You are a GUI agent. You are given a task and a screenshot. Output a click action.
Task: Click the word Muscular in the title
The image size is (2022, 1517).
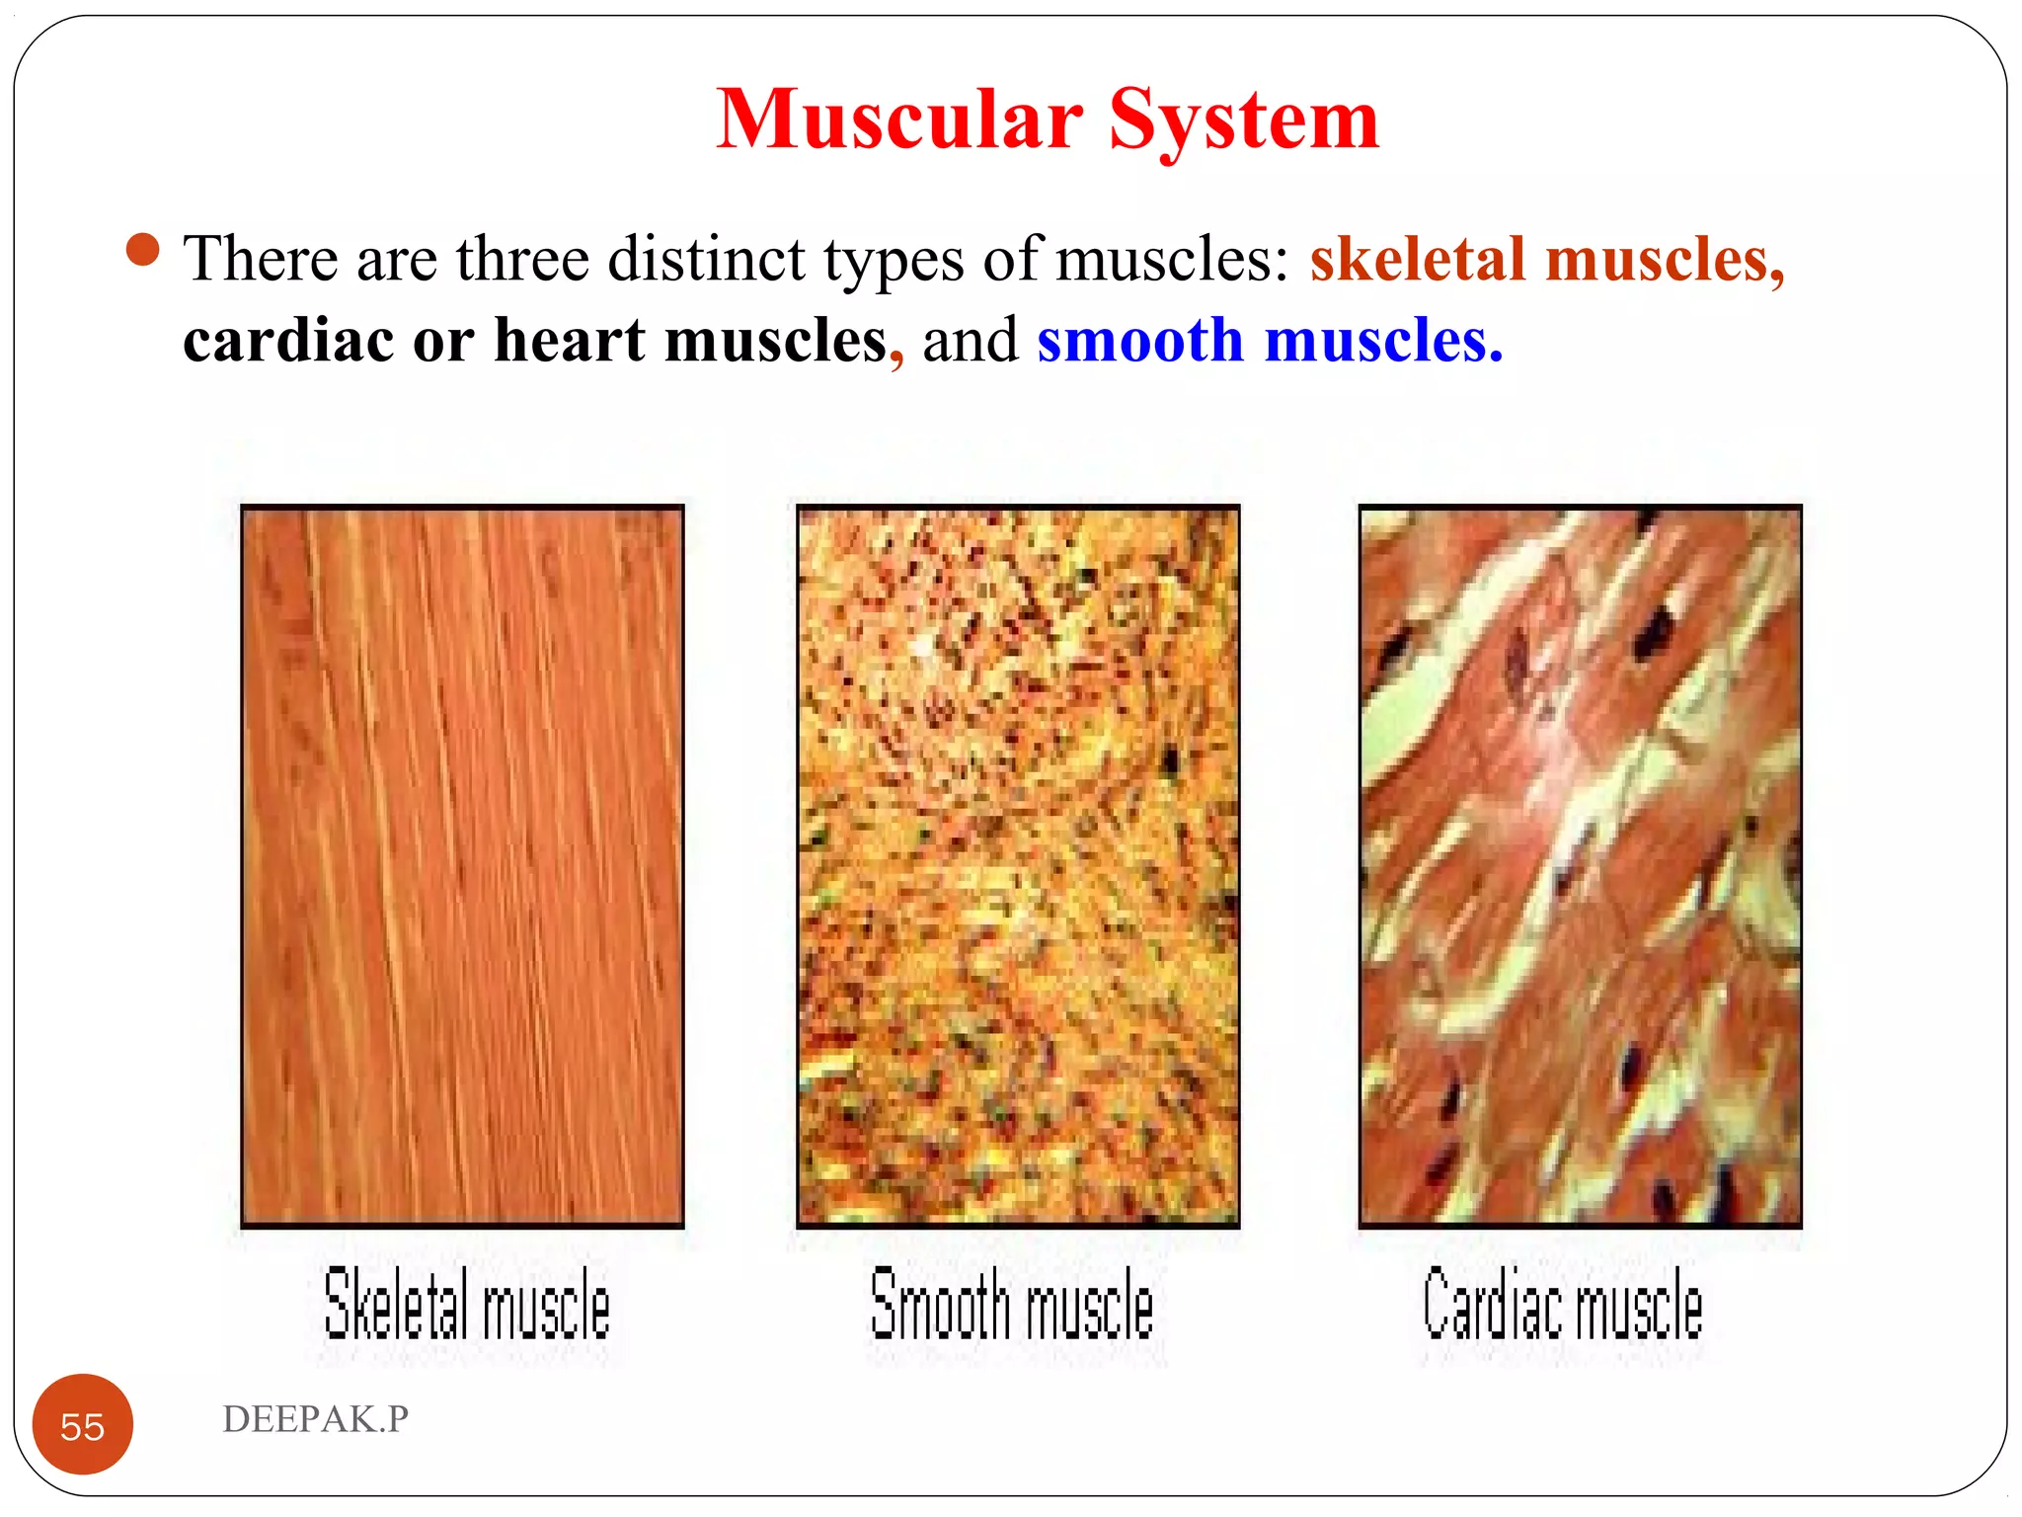tap(898, 120)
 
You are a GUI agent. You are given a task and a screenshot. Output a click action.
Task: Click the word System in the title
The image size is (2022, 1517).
tap(1243, 120)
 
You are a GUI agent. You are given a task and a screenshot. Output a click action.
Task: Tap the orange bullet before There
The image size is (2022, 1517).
tap(143, 250)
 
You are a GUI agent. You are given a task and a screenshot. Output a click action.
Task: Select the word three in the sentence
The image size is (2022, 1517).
tap(521, 259)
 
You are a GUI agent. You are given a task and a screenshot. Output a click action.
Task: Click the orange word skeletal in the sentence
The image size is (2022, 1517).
tap(1417, 259)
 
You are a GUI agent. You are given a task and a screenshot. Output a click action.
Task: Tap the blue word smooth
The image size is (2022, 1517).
tap(1139, 341)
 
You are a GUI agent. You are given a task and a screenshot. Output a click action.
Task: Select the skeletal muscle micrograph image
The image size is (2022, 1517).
tap(462, 866)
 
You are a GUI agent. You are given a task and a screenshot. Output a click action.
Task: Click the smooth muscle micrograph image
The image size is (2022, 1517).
tap(1018, 866)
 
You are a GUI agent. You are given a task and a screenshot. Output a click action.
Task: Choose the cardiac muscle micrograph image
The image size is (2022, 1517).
tap(1580, 866)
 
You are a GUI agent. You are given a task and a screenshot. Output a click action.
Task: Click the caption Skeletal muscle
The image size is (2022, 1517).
tap(467, 1305)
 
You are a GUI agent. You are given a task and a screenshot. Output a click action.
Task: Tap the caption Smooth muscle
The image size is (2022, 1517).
tap(1012, 1305)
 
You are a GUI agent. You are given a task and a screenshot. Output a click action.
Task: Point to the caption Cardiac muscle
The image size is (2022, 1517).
tap(1563, 1305)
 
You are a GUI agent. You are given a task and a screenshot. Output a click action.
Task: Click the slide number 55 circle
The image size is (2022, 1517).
tap(83, 1425)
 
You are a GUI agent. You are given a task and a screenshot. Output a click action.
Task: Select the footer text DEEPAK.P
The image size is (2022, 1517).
tap(315, 1419)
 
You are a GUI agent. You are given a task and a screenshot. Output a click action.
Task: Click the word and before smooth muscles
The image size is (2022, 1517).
tap(970, 341)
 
